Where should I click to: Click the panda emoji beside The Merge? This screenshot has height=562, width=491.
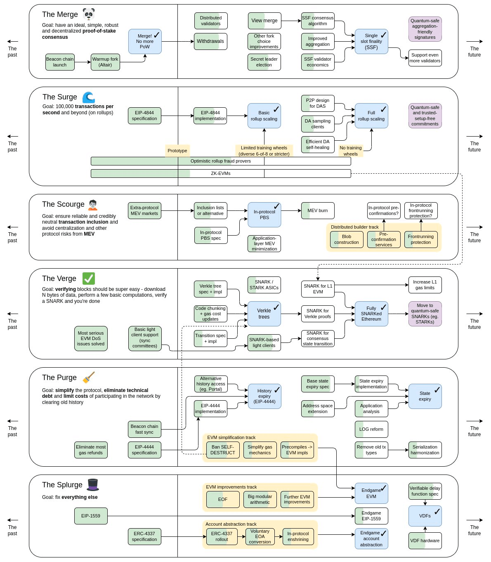coord(88,14)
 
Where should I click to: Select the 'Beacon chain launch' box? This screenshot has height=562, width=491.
coord(60,62)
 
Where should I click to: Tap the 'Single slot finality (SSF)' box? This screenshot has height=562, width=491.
coord(371,41)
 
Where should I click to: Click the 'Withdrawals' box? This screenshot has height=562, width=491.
coord(210,41)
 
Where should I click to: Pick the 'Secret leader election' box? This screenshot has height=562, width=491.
coord(264,62)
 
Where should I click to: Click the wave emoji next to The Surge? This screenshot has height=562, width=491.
coord(88,97)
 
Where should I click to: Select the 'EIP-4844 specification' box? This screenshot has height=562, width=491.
coord(144,116)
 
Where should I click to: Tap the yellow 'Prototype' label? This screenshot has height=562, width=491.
coord(177,151)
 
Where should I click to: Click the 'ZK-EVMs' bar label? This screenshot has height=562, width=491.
coord(221,173)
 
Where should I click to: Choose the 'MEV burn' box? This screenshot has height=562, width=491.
coord(318,210)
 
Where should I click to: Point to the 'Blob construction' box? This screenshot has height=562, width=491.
coord(347,239)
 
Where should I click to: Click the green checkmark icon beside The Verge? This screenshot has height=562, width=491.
coord(88,279)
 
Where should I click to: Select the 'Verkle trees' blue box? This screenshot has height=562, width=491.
coord(264,314)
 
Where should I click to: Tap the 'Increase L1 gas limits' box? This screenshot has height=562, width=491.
coord(425,285)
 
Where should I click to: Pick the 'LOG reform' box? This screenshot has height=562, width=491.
coord(371,429)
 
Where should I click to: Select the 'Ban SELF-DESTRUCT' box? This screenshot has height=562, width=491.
coord(223,450)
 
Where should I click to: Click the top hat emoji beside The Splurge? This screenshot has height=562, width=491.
coord(92,485)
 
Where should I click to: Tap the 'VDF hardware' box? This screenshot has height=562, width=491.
coord(425,541)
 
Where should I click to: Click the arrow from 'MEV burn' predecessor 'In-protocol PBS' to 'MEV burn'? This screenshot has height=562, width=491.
coord(291,210)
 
